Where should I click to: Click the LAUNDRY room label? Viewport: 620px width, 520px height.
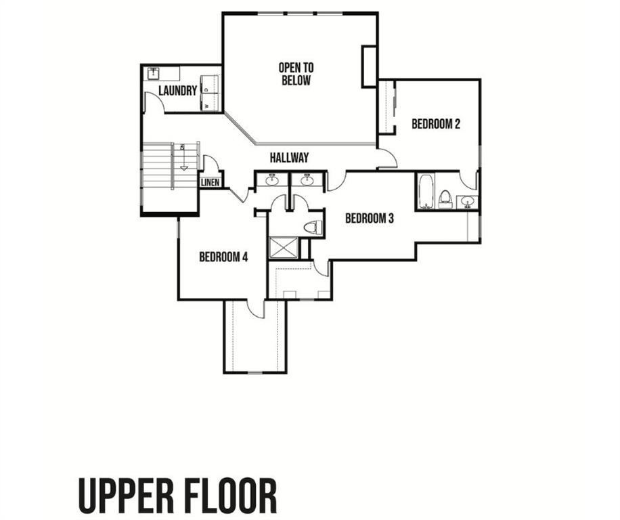(x=177, y=91)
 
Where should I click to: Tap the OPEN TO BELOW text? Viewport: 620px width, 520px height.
(x=296, y=74)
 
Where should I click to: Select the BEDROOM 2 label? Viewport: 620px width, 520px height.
(x=436, y=124)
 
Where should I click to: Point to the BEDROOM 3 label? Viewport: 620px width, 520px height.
(x=370, y=218)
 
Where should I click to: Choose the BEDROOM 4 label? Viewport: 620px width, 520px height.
(x=223, y=257)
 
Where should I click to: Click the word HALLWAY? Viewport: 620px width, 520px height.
(x=289, y=158)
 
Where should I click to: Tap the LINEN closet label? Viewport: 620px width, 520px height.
(x=210, y=183)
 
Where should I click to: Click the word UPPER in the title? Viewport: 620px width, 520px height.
(x=126, y=496)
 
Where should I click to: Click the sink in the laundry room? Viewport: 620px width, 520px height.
(x=153, y=73)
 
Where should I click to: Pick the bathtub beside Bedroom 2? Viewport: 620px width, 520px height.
(x=426, y=192)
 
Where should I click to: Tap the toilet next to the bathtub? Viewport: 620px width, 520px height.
(x=445, y=199)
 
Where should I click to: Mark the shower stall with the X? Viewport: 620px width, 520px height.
(x=284, y=248)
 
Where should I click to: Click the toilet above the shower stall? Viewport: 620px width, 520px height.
(x=313, y=227)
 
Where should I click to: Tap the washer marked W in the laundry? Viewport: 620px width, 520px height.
(x=210, y=102)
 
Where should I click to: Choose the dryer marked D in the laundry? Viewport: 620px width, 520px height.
(x=210, y=85)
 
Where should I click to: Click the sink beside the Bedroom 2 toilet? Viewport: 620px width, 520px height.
(x=467, y=202)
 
